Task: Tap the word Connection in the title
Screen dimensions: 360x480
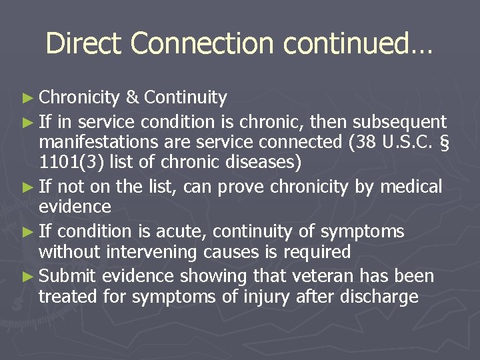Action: coord(203,44)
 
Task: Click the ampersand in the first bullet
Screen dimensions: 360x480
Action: coord(131,98)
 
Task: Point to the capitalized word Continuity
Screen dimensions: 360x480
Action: coord(185,98)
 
